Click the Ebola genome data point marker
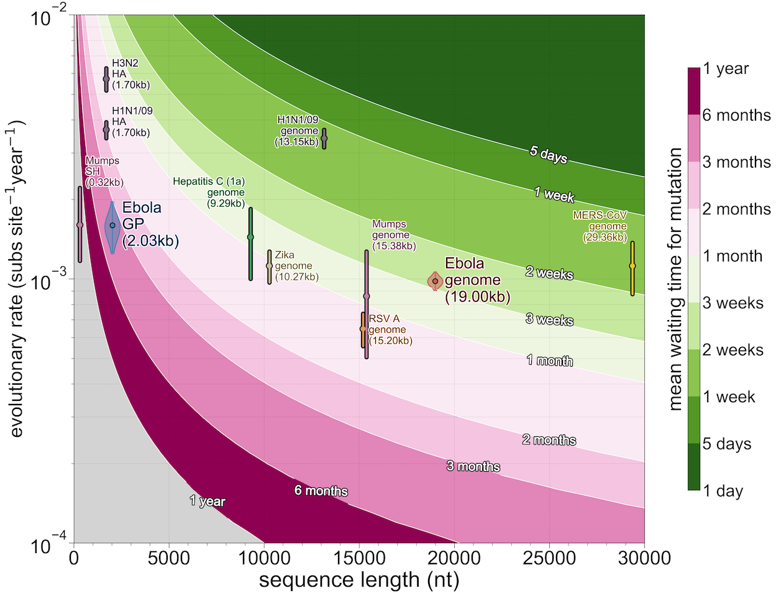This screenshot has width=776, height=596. tap(436, 281)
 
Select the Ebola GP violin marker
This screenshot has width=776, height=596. tap(112, 226)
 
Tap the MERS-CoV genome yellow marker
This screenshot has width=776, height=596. tap(632, 266)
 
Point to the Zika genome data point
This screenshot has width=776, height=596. tap(269, 265)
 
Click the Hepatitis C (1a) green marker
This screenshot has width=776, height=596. tap(250, 237)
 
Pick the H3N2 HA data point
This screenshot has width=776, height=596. tap(106, 78)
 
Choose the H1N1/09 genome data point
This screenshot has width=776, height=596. tap(324, 138)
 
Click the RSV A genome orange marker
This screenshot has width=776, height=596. tap(363, 328)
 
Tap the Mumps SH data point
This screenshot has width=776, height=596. tap(80, 225)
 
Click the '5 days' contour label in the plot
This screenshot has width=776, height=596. tap(549, 154)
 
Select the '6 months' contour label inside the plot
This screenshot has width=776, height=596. tap(321, 491)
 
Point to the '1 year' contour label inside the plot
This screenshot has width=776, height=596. tap(208, 501)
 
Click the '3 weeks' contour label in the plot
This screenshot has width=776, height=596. tap(549, 320)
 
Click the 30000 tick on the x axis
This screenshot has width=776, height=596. tap(644, 558)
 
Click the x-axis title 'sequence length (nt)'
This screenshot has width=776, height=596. tap(359, 580)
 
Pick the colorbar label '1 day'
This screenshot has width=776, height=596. tap(723, 491)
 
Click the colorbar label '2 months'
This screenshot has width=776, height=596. tap(736, 209)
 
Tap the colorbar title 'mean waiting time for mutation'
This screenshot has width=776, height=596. tap(675, 279)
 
